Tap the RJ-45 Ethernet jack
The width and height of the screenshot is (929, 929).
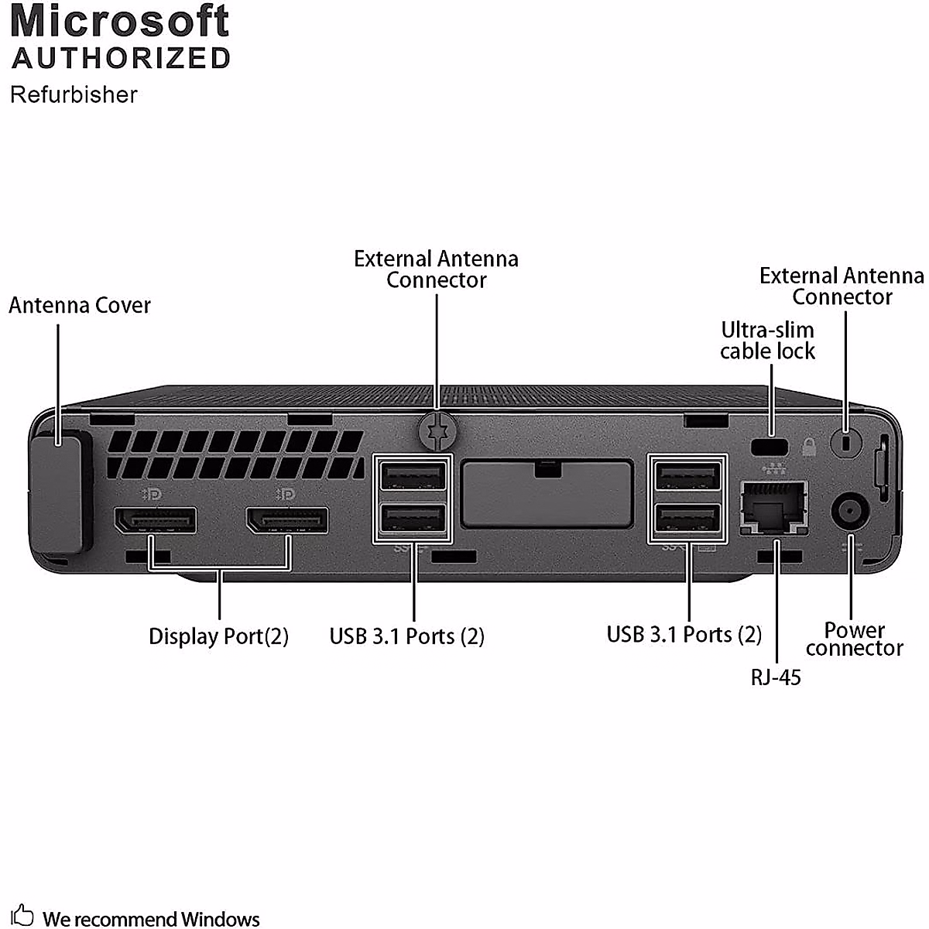coord(773,507)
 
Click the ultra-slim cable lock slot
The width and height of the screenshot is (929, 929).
coord(770,447)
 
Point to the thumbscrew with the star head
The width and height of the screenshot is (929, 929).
coord(437,430)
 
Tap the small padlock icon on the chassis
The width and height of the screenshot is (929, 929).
coord(808,447)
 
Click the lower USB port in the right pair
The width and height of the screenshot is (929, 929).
coord(687,519)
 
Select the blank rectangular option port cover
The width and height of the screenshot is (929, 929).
coord(547,493)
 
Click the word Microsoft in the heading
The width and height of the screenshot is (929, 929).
coord(120,21)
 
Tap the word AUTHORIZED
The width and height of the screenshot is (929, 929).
coord(122,58)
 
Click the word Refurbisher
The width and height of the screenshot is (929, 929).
coord(74,94)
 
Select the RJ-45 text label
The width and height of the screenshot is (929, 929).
coord(776,677)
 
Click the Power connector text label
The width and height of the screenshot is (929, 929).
coord(854,639)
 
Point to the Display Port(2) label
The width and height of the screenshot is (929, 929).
coord(218,636)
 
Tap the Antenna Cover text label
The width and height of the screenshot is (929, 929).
coord(80,305)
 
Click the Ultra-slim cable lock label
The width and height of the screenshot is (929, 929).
coord(767,341)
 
